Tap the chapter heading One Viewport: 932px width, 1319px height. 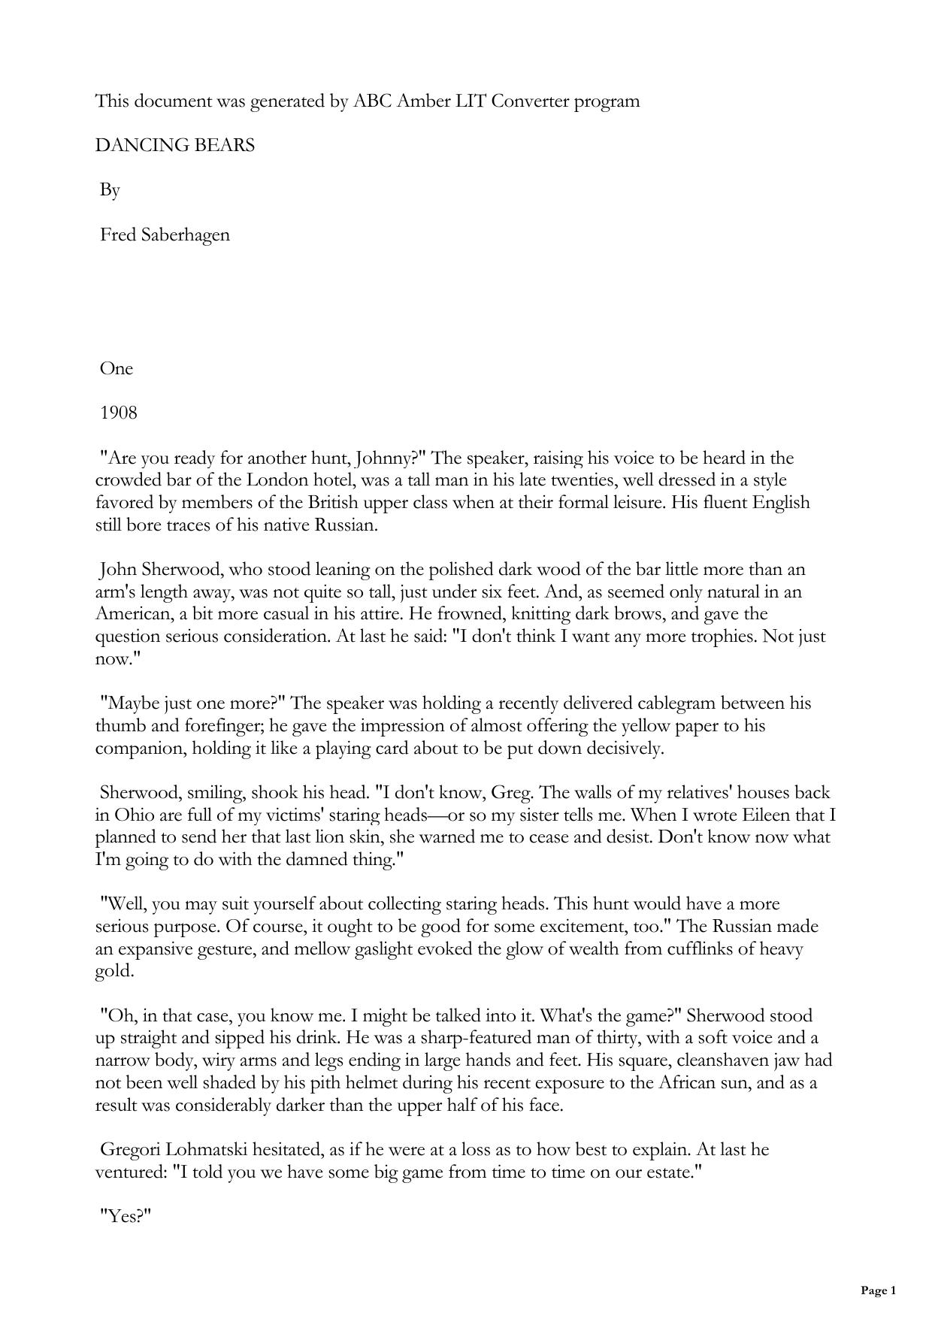tap(116, 369)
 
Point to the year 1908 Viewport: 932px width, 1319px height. tap(119, 413)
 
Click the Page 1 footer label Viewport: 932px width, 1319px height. tap(878, 1290)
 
